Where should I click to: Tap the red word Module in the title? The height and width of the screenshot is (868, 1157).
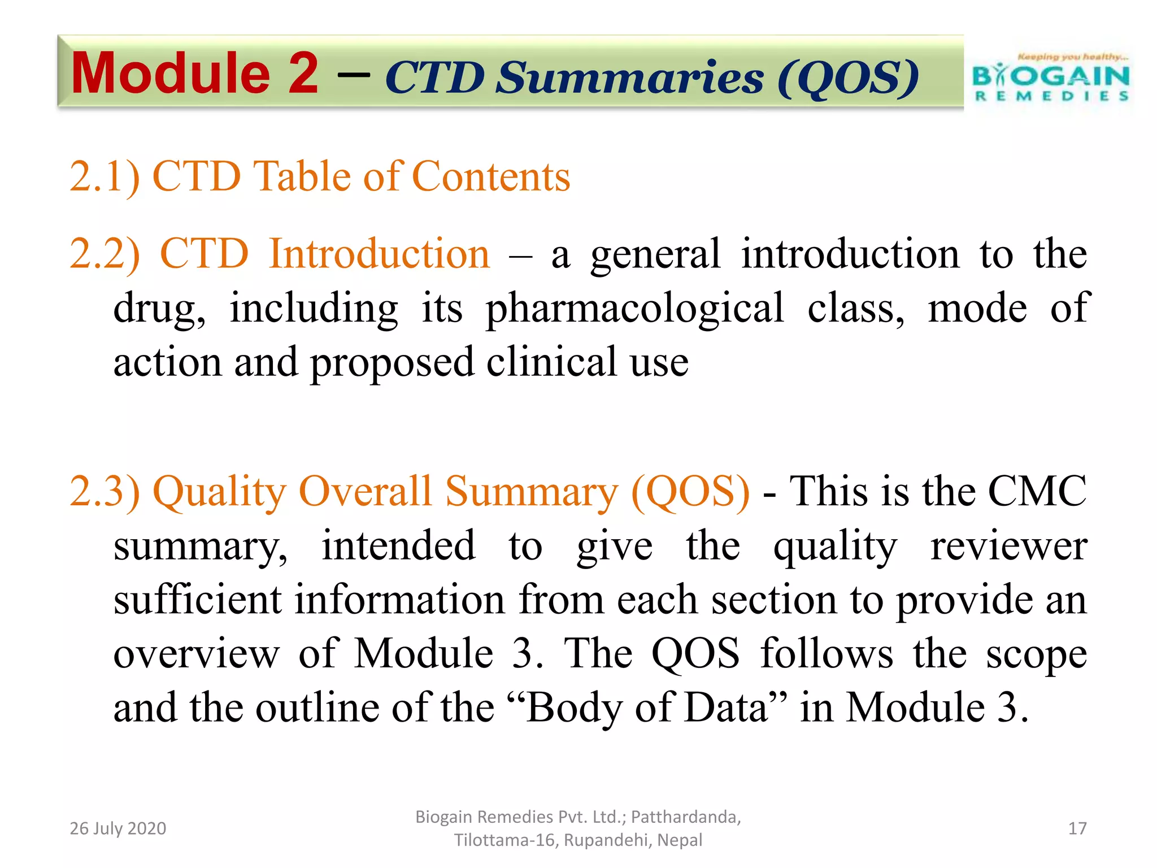pos(171,73)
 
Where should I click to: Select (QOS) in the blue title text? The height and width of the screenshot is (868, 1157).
pos(847,79)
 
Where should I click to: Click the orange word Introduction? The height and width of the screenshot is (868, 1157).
pos(379,254)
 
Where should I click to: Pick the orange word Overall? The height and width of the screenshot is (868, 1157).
pos(365,491)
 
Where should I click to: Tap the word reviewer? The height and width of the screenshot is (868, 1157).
pos(1008,546)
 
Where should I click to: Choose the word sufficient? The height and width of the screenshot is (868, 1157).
pos(197,600)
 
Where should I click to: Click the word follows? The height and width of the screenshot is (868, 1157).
pos(827,654)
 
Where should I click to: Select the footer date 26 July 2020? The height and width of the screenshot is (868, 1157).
pos(118,828)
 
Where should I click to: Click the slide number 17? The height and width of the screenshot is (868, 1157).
pos(1077,828)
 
